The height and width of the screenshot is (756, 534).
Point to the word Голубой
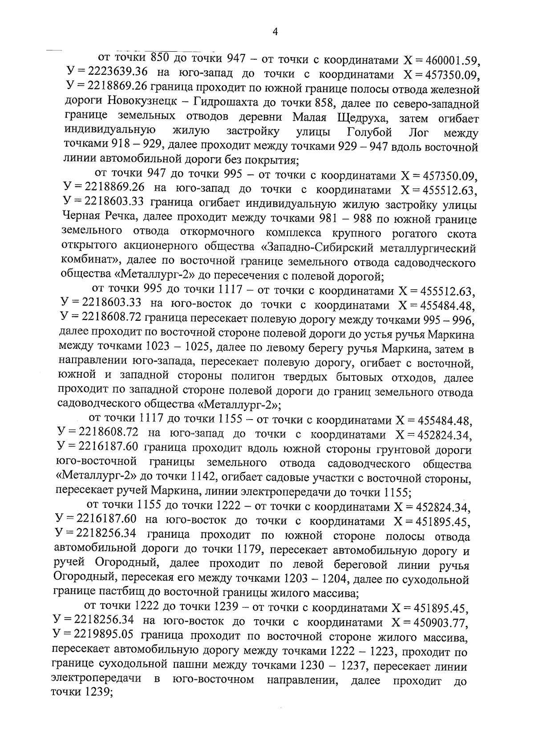368,132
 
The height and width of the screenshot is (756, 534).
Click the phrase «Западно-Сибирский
320,248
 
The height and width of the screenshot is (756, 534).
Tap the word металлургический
430,248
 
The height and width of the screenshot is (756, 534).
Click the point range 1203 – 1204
313,580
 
